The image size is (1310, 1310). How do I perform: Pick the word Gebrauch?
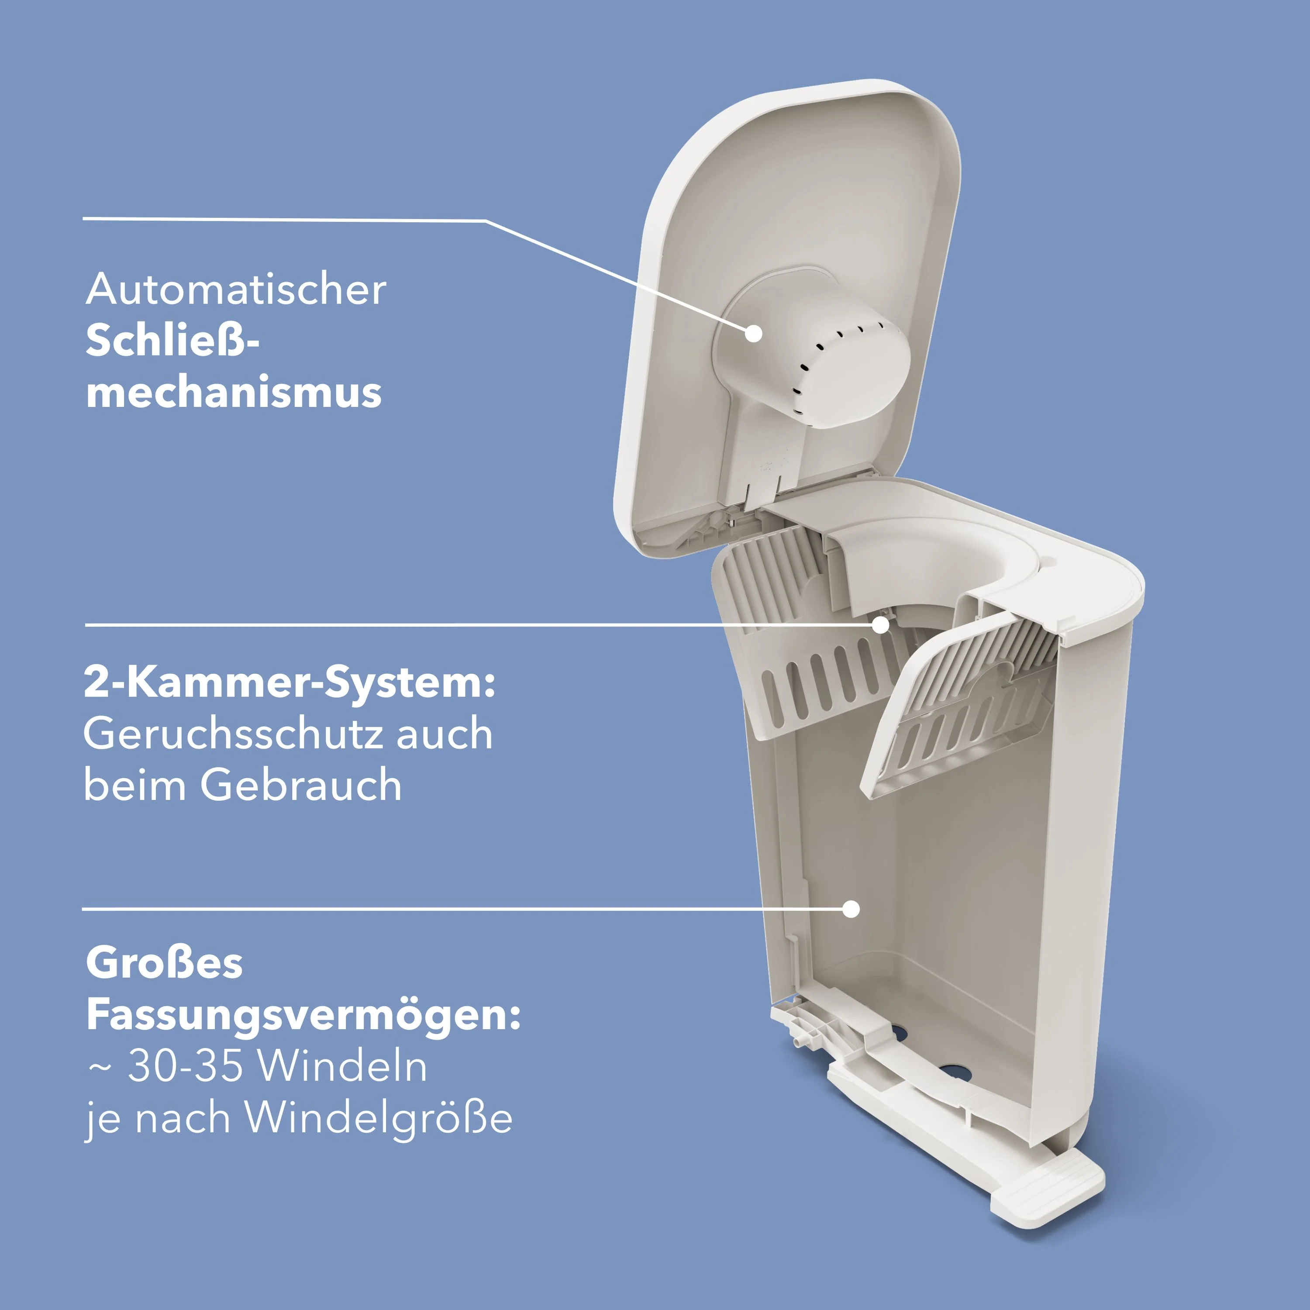(300, 786)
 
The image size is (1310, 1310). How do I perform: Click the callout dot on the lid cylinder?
(753, 334)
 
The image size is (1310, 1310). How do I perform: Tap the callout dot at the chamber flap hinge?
(880, 624)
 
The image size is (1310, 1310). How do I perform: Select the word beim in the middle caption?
(134, 786)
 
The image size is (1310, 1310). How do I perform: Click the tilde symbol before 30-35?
(99, 1069)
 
